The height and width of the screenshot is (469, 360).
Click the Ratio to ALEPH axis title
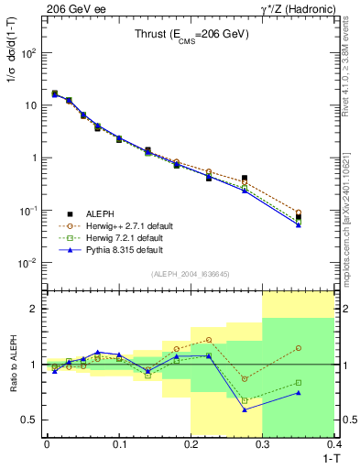12,365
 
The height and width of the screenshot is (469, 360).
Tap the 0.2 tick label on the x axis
191,443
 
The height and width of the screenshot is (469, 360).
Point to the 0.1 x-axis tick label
119,443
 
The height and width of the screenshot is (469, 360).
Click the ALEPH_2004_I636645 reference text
191,275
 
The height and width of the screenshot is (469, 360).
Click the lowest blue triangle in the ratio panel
245,409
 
